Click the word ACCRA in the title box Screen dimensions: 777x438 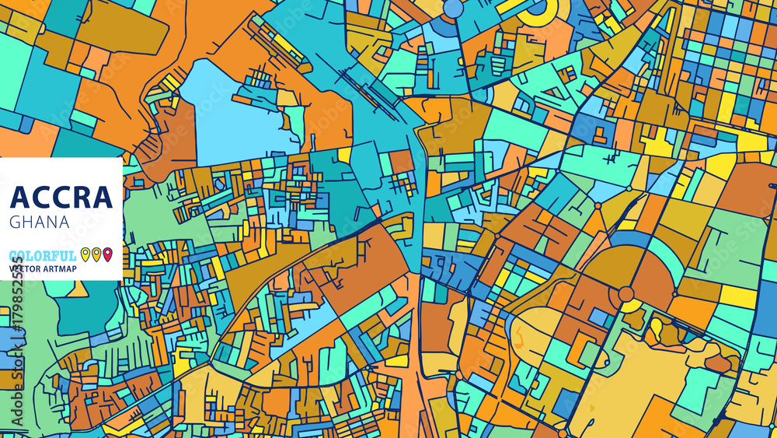[61, 197]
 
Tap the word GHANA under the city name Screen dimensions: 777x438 [40, 222]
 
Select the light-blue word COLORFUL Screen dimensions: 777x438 [44, 255]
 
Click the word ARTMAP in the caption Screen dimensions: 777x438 [68, 269]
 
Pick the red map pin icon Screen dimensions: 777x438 [108, 254]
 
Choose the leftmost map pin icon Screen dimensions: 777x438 [85, 254]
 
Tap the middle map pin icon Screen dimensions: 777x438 [96, 254]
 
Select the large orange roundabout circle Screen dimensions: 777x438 [626, 294]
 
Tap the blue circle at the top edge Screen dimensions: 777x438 [453, 8]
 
